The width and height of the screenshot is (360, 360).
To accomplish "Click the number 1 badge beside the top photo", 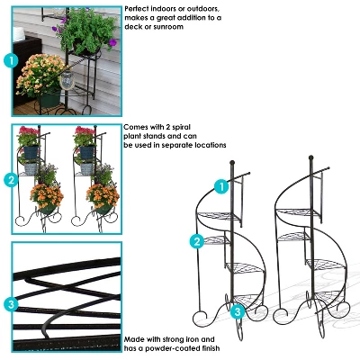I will pos(11,60).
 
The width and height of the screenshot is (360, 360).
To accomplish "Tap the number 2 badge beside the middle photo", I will pos(11,179).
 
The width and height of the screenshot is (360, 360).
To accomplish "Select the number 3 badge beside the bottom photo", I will pos(11,304).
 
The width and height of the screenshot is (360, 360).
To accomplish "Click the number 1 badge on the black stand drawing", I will pos(221,186).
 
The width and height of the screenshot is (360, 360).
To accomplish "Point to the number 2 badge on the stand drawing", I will pos(196,241).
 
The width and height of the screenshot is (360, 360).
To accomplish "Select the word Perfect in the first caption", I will pos(139,8).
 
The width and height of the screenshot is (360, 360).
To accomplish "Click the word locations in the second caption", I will pos(207,146).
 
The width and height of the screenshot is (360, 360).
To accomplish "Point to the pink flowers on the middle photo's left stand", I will pos(30,136).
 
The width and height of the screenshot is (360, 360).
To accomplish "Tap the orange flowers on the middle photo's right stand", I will pos(102,193).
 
